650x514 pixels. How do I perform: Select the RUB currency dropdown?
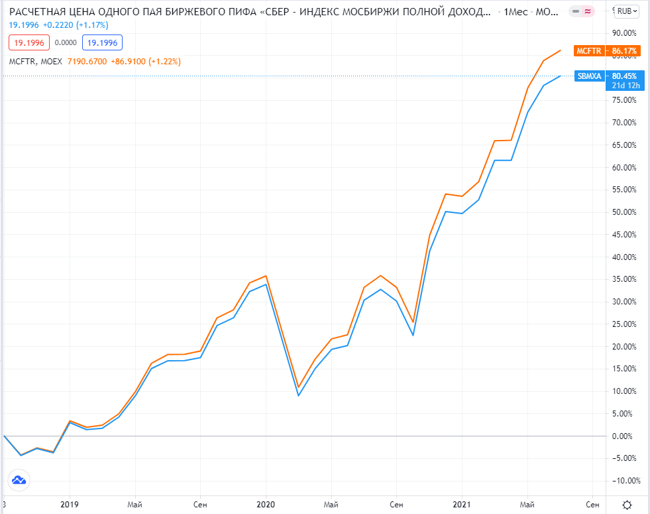627,11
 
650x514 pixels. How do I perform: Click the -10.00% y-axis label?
624,481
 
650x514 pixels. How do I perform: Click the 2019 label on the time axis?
70,504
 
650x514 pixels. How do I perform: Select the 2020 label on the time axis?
266,504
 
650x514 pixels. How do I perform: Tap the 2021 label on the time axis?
462,504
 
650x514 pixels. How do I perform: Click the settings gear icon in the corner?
627,504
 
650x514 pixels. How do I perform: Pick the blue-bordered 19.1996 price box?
102,43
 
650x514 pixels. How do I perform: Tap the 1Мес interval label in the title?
516,12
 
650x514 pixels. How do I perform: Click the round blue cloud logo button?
19,480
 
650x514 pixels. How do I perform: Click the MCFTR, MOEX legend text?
35,62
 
